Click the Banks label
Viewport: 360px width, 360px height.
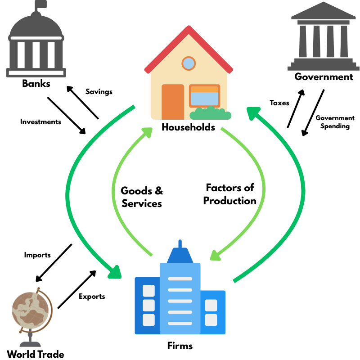36,83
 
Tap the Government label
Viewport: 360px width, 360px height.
324,76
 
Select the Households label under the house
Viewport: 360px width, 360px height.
188,127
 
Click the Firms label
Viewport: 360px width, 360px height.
180,346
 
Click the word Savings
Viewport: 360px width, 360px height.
99,92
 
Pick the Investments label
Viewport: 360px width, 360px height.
40,121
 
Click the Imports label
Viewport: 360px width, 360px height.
37,255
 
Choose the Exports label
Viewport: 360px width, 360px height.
92,296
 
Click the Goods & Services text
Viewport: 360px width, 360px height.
142,197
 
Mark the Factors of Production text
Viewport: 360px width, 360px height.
229,194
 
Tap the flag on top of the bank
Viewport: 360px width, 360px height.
41,5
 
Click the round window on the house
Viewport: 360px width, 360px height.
189,63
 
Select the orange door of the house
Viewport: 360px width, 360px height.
173,102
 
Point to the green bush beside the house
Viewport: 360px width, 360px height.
211,113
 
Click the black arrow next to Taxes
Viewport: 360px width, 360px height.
295,108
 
